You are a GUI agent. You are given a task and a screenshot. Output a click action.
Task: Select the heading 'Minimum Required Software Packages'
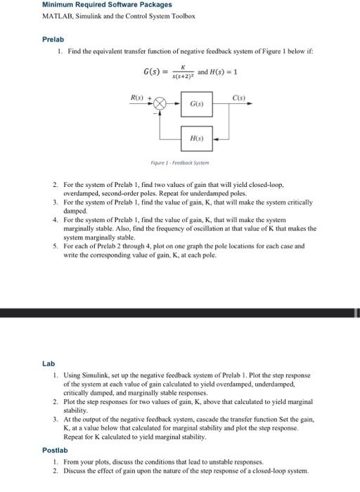click(x=97, y=5)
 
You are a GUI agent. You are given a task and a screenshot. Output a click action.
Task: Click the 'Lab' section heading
click(x=48, y=363)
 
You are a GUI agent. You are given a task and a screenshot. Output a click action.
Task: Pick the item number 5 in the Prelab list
click(x=56, y=247)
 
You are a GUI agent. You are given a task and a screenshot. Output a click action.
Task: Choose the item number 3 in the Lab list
click(x=56, y=418)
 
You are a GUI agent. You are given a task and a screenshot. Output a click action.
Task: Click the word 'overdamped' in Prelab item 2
click(x=84, y=191)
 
